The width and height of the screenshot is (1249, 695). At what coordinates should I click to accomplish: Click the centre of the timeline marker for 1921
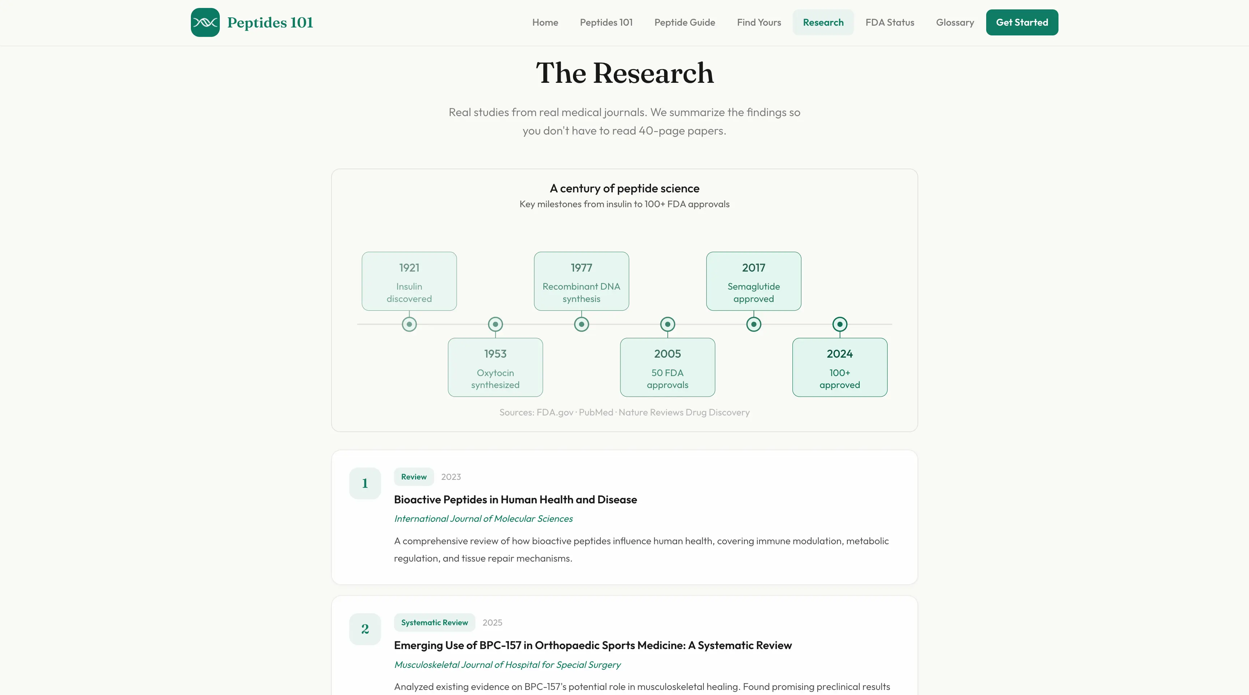[x=409, y=324]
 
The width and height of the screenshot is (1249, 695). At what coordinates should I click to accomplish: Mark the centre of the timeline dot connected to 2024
[x=840, y=324]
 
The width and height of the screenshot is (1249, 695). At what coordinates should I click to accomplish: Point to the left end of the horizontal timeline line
[x=357, y=324]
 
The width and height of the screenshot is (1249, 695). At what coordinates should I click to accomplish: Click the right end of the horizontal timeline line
[x=892, y=324]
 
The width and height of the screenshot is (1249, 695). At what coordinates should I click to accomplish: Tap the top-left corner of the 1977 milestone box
[x=534, y=252]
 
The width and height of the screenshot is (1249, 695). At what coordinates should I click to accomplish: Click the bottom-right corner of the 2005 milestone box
[x=715, y=396]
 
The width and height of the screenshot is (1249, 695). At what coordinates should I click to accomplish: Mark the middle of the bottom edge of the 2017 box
[x=753, y=310]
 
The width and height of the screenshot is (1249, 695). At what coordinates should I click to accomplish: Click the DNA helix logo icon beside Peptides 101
[x=205, y=22]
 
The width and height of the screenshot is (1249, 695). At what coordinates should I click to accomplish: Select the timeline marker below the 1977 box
[x=581, y=324]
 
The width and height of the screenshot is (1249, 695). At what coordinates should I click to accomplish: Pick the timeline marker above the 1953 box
[x=495, y=324]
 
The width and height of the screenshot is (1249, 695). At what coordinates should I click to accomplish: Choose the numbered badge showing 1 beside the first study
[x=365, y=483]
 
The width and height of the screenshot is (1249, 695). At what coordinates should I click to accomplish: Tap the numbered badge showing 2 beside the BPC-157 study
[x=365, y=629]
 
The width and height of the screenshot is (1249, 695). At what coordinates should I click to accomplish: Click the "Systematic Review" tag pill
[x=435, y=622]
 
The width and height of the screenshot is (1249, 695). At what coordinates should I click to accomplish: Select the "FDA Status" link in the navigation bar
[x=890, y=22]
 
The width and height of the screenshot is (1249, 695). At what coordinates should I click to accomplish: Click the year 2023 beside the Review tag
[x=451, y=477]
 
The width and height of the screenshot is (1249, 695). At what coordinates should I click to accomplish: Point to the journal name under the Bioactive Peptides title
[x=483, y=519]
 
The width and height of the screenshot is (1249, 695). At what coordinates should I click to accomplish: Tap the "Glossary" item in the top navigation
[x=955, y=22]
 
